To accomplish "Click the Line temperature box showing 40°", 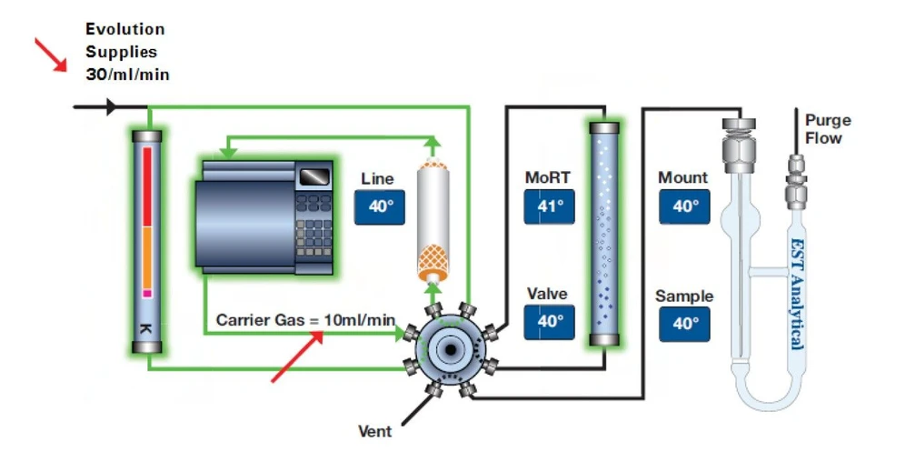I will click(x=380, y=206).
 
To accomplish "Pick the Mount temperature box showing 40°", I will click(x=684, y=206).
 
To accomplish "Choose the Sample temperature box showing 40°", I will click(x=684, y=324).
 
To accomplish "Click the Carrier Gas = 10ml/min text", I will click(x=305, y=319).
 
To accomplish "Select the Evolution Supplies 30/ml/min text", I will click(x=126, y=53).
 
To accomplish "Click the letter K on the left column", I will click(x=146, y=326).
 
